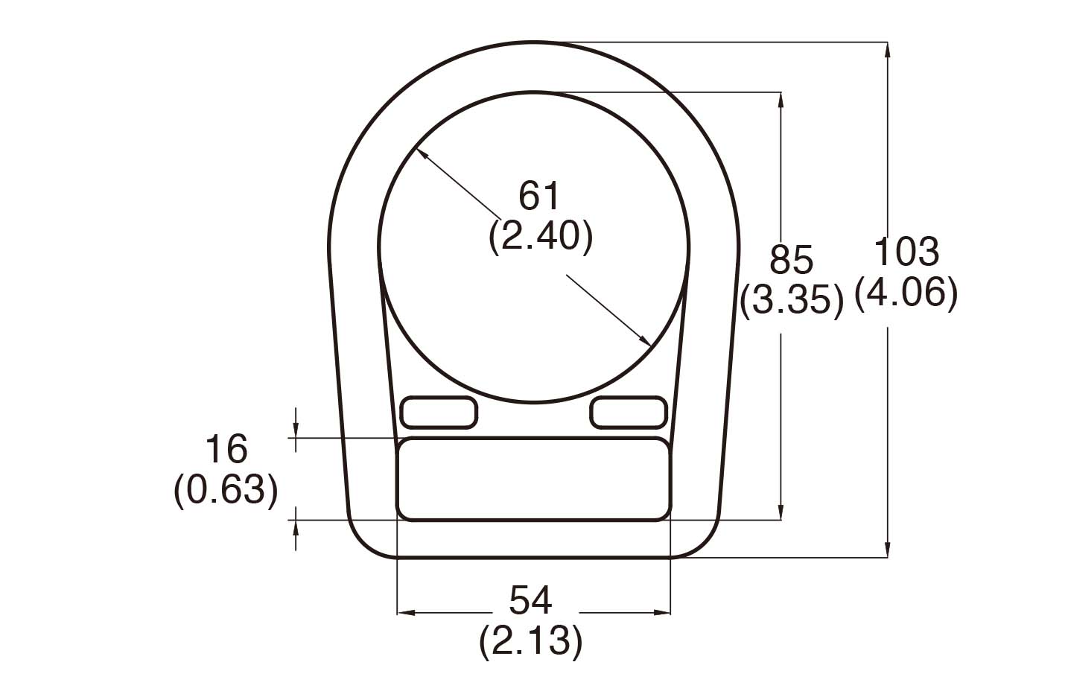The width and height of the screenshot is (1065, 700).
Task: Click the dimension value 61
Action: [x=538, y=197]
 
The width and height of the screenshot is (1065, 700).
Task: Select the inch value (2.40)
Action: [x=541, y=238]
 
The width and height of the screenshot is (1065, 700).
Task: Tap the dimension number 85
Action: [x=791, y=261]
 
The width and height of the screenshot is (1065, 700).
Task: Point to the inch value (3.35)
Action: [x=791, y=302]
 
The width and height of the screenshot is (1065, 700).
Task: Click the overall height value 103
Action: [x=905, y=252]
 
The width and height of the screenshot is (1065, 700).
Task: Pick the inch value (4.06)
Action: [x=905, y=293]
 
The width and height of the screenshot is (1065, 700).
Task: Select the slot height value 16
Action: [x=226, y=450]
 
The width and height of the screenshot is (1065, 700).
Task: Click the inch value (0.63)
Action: [x=226, y=490]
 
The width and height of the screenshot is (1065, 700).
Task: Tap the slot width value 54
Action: [x=530, y=600]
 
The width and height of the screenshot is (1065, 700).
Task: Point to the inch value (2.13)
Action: [x=530, y=640]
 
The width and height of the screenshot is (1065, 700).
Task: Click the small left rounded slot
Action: [x=439, y=413]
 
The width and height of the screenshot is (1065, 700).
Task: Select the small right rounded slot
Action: [x=627, y=413]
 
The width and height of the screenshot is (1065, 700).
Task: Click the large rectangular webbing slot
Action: [x=533, y=480]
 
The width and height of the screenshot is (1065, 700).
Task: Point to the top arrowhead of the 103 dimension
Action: [x=887, y=49]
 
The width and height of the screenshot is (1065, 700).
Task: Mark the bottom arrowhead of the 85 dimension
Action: [x=781, y=513]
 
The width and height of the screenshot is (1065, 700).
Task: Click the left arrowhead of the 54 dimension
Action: [x=404, y=613]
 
